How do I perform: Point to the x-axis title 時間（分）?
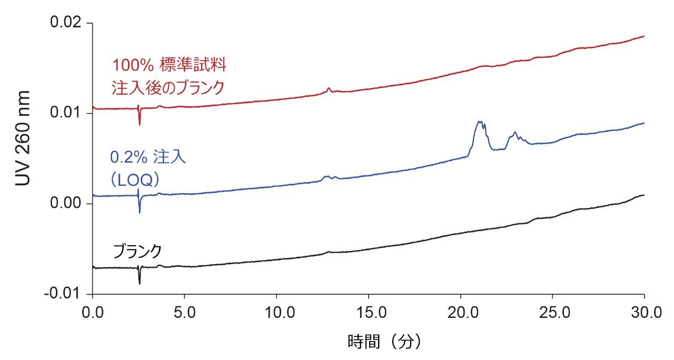point(384,343)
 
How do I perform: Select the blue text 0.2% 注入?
point(148,158)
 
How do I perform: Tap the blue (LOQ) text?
point(135,179)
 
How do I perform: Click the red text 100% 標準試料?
point(168,66)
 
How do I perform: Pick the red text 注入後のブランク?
point(168,87)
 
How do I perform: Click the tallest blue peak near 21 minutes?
point(479,122)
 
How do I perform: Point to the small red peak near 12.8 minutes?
point(329,88)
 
